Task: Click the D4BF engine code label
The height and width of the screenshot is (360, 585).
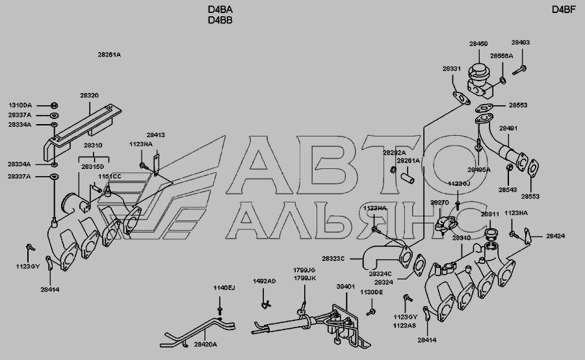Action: tap(564, 9)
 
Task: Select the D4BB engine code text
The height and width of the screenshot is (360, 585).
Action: tap(220, 20)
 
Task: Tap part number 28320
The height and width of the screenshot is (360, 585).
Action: tap(90, 96)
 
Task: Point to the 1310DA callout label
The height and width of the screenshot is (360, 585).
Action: tap(19, 105)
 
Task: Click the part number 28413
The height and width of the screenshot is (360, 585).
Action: tap(155, 135)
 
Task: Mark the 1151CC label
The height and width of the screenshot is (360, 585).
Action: tap(110, 176)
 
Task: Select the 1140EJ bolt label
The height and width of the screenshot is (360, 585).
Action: tap(224, 288)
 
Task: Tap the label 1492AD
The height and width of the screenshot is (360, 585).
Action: tap(264, 282)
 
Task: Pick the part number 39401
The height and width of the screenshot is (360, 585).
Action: tap(345, 286)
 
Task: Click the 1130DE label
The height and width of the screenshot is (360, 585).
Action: tap(373, 292)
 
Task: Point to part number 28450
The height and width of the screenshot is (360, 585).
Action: tap(478, 44)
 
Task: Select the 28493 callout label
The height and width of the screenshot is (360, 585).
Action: tap(521, 43)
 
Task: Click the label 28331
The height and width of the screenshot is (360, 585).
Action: tap(452, 69)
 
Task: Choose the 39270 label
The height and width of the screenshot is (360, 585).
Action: tap(440, 203)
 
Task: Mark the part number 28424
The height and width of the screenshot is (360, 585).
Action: tap(555, 237)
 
